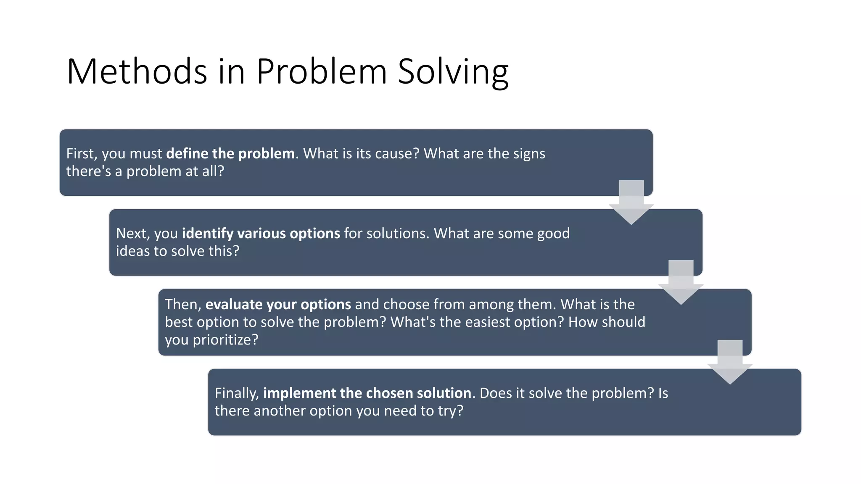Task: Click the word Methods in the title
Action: pyautogui.click(x=137, y=71)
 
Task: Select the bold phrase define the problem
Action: pyautogui.click(x=230, y=154)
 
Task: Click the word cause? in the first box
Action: pyautogui.click(x=397, y=154)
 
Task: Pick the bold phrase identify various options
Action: pyautogui.click(x=261, y=234)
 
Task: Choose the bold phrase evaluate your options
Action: pyautogui.click(x=278, y=305)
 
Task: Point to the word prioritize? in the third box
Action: pyautogui.click(x=225, y=340)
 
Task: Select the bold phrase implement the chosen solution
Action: pyautogui.click(x=367, y=393)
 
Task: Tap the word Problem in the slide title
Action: pyautogui.click(x=321, y=71)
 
